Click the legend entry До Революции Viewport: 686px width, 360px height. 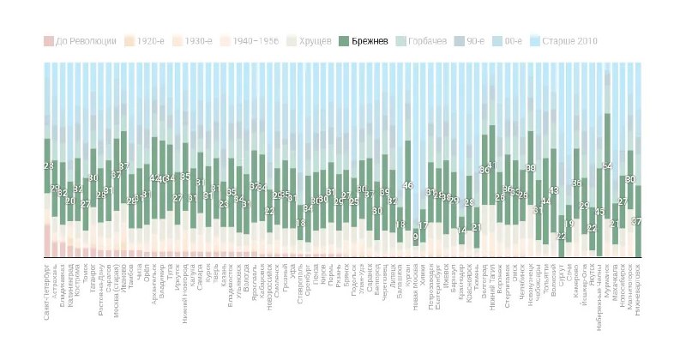pos(80,40)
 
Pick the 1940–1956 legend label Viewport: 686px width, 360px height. pos(248,40)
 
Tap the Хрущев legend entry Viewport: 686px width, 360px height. pos(310,40)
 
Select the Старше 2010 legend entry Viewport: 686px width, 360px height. pos(564,40)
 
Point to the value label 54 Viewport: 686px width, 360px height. pos(607,166)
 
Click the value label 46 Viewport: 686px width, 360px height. pos(408,185)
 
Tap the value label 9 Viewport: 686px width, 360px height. pos(415,237)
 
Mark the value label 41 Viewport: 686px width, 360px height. pos(492,165)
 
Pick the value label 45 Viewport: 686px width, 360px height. pos(599,211)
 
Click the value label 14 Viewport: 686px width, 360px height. pos(461,231)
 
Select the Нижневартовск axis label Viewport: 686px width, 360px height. pos(637,288)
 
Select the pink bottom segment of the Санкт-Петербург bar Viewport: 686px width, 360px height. pos(46,241)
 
